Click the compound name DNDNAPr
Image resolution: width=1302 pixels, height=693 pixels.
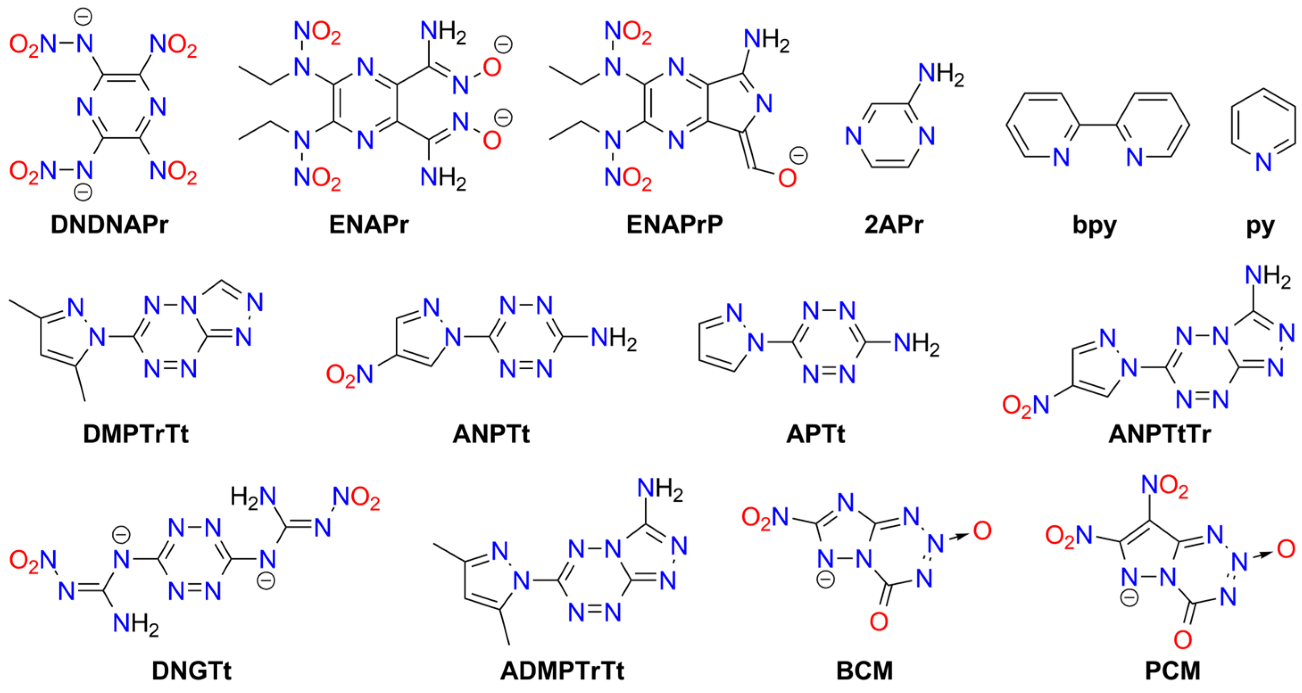[109, 224]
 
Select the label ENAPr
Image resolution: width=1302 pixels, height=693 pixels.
[369, 224]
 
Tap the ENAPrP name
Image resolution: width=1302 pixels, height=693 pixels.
[675, 224]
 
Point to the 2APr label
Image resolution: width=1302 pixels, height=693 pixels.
[894, 224]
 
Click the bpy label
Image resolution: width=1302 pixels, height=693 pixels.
[1094, 225]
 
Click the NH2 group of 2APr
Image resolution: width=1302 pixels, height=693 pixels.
[941, 74]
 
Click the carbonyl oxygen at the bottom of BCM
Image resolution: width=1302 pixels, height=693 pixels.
[879, 621]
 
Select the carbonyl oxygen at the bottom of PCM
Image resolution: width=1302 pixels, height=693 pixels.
[1183, 639]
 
